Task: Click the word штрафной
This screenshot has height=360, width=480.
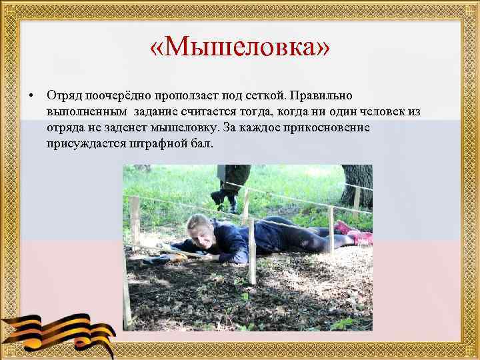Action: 157,143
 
